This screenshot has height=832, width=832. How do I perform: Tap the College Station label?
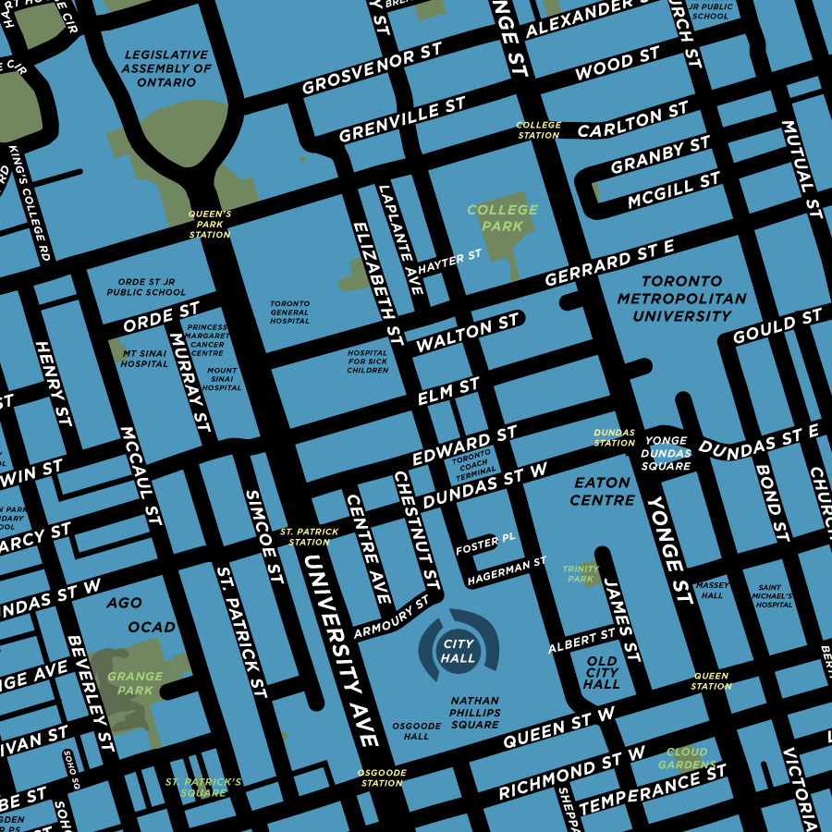(538, 129)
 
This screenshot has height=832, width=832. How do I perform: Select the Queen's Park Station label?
(210, 224)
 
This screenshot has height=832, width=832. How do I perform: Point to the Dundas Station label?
(615, 437)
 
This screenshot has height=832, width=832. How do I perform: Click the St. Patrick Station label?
(310, 537)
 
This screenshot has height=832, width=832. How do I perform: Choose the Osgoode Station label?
(382, 777)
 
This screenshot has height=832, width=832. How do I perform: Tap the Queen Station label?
(711, 680)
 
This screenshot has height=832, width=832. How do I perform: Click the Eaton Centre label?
(602, 491)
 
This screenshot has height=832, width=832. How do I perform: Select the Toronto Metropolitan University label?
(681, 299)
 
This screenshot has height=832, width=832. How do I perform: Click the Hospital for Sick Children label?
(368, 361)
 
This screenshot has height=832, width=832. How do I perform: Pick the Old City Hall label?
(602, 672)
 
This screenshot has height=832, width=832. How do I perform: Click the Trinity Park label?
(581, 574)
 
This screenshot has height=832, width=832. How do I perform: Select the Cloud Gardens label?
(687, 758)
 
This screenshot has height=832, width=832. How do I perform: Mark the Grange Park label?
(135, 683)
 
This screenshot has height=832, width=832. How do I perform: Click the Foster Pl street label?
(485, 544)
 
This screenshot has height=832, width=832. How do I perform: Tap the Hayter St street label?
(450, 262)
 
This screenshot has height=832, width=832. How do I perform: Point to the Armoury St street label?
(392, 618)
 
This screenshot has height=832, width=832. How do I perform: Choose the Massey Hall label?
(713, 590)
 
